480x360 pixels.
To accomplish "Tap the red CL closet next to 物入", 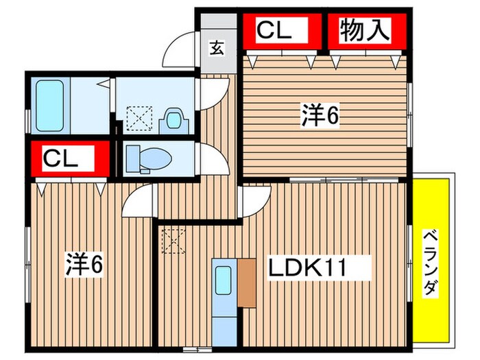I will (x=274, y=31).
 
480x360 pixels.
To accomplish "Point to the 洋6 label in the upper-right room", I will (x=320, y=117).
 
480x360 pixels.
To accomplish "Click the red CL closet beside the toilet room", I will (x=69, y=159).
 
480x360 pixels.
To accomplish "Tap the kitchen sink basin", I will (x=224, y=280).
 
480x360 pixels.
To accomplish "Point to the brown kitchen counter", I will (x=246, y=282).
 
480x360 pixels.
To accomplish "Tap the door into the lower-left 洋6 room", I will (x=138, y=203).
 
